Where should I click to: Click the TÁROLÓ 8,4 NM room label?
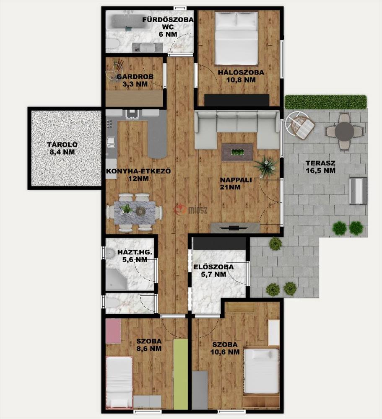62,149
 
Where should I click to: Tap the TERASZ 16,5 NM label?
320,167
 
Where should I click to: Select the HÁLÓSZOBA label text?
241,72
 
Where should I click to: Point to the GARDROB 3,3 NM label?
135,80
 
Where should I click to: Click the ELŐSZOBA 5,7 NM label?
213,270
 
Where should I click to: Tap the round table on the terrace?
345,132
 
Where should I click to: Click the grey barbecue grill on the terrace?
359,191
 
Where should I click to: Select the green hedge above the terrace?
325,102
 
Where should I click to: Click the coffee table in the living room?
237,153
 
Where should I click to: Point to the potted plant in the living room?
265,167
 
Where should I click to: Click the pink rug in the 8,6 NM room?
113,331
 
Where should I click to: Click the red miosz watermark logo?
181,210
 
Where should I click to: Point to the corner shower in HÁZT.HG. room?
116,279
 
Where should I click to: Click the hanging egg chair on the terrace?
300,125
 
